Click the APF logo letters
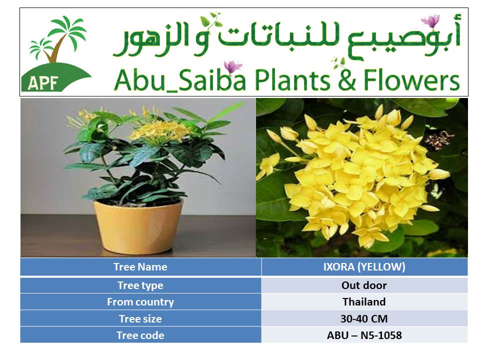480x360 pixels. pyautogui.click(x=43, y=83)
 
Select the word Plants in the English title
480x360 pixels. pyautogui.click(x=292, y=80)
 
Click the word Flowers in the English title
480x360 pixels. pyautogui.click(x=411, y=80)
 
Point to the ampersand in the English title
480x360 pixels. pyautogui.click(x=347, y=80)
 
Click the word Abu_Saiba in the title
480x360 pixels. pyautogui.click(x=180, y=80)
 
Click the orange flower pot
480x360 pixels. pyautogui.click(x=138, y=227)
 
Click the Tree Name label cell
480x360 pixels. pyautogui.click(x=140, y=267)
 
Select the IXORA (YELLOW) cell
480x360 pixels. pyautogui.click(x=364, y=267)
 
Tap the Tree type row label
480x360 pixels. pyautogui.click(x=140, y=285)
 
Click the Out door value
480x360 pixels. pyautogui.click(x=364, y=285)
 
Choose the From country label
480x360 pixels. pyautogui.click(x=140, y=302)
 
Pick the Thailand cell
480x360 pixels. pyautogui.click(x=364, y=302)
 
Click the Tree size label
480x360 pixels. pyautogui.click(x=140, y=319)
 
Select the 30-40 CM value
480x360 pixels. pyautogui.click(x=364, y=319)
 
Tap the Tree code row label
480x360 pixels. pyautogui.click(x=140, y=335)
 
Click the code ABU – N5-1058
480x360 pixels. pyautogui.click(x=364, y=335)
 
